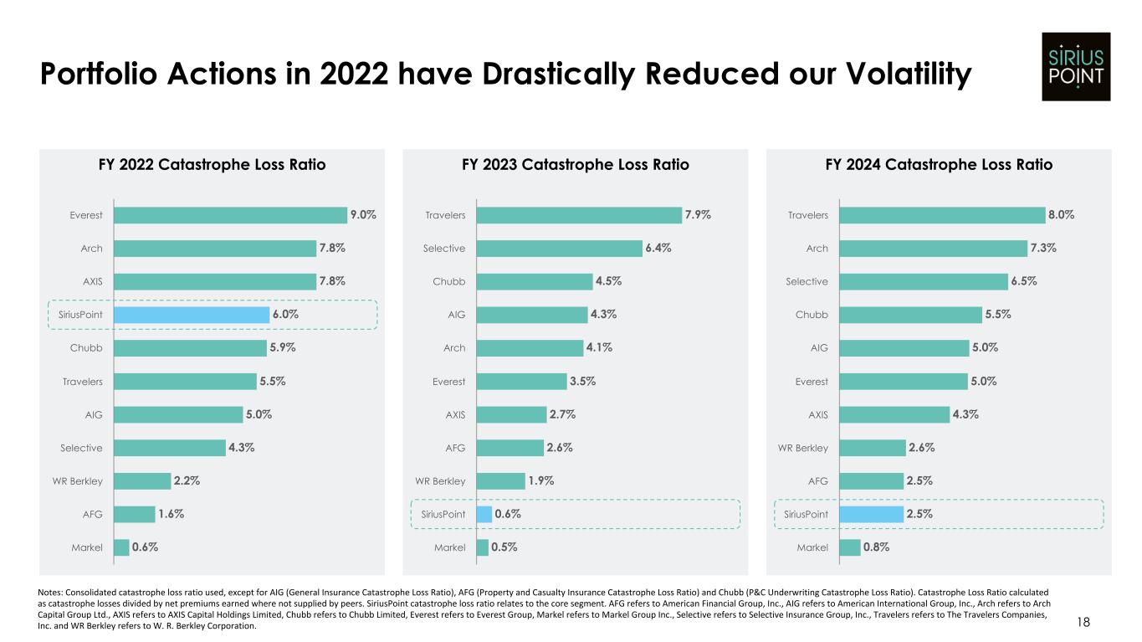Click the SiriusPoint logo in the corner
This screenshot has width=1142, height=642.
click(x=1076, y=66)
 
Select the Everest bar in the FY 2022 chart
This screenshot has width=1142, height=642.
click(x=230, y=215)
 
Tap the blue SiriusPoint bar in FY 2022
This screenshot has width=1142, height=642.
click(x=191, y=315)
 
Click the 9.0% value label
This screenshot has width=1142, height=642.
click(x=363, y=215)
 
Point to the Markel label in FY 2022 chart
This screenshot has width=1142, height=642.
click(x=87, y=547)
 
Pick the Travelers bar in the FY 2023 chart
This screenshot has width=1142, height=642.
click(x=578, y=215)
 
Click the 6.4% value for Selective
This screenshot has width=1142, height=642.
click(x=658, y=249)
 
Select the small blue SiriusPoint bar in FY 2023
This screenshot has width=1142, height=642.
click(x=484, y=514)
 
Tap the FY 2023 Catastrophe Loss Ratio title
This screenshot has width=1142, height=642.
click(x=576, y=165)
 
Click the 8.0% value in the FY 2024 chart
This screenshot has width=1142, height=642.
click(x=1061, y=215)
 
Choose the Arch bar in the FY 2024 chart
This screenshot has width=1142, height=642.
click(x=933, y=249)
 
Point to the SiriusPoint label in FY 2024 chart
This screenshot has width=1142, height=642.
click(x=807, y=514)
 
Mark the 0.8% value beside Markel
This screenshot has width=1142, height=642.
click(x=876, y=547)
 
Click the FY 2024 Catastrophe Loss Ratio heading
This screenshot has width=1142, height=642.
click(x=939, y=165)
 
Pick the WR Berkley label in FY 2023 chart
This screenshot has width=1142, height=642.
click(x=440, y=481)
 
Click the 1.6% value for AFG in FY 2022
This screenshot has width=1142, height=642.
click(x=171, y=514)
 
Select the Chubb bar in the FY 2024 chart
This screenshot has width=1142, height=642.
click(x=910, y=315)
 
